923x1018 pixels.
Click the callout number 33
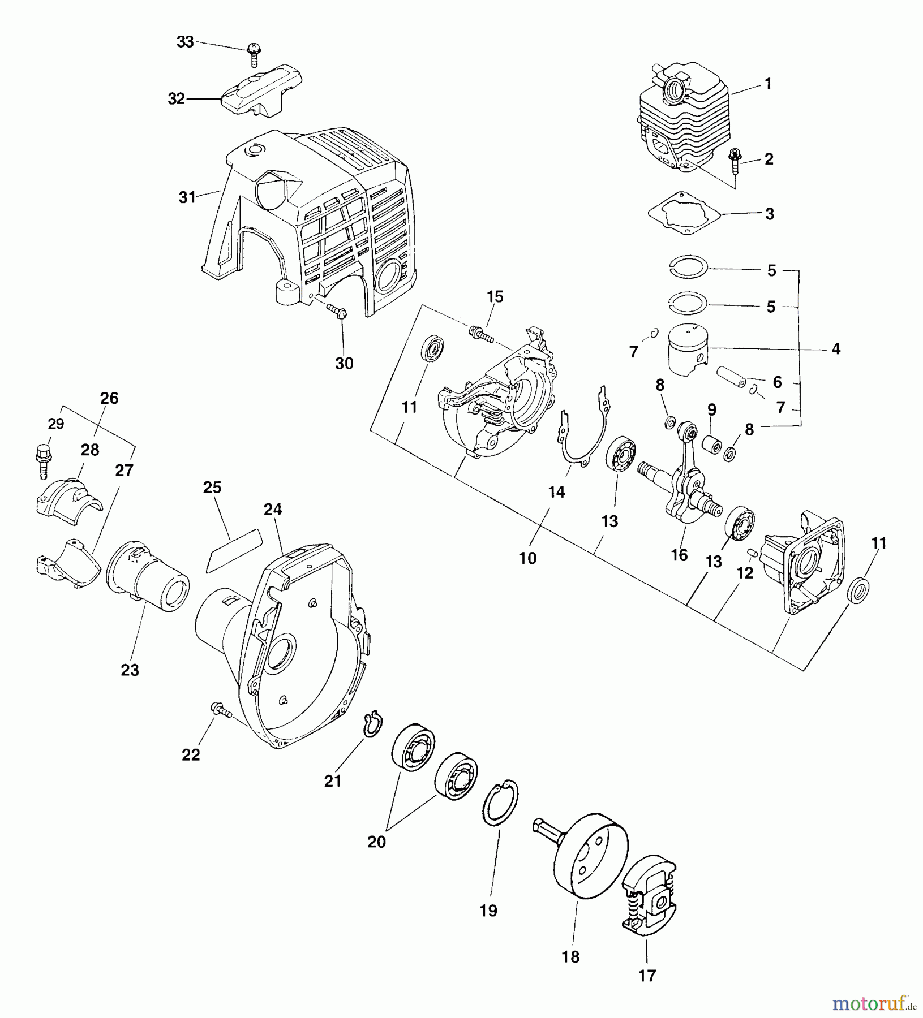185,42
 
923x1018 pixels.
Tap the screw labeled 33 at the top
252,55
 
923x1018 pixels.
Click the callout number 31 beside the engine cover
187,197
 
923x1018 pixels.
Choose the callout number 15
495,297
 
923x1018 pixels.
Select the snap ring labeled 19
499,803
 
